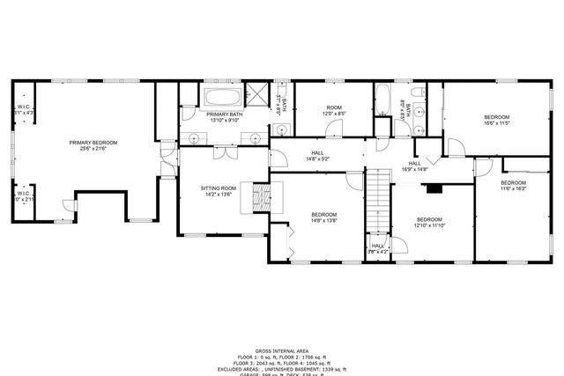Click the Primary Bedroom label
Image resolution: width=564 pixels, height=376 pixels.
coord(93,143)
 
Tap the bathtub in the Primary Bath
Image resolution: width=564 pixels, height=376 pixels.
coord(224,97)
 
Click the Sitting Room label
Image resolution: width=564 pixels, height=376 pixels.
coord(218,188)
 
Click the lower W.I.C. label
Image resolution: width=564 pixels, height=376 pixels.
coord(24,195)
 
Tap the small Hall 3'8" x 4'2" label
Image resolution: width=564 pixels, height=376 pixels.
coord(377,247)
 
